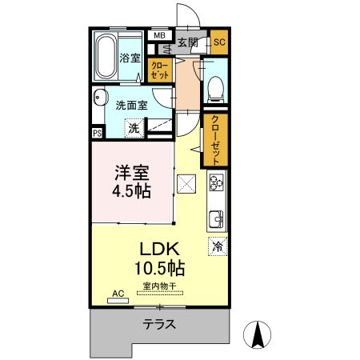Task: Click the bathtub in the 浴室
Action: pyautogui.click(x=106, y=57)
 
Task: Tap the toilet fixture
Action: pyautogui.click(x=216, y=89)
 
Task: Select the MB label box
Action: pyautogui.click(x=159, y=35)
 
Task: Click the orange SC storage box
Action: pyautogui.click(x=219, y=42)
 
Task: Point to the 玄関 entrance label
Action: pyautogui.click(x=188, y=42)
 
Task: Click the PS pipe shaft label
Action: pyautogui.click(x=98, y=133)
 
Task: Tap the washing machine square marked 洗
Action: pyautogui.click(x=134, y=128)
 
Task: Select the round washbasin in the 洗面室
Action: pyautogui.click(x=100, y=97)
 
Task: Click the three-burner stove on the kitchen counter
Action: pyautogui.click(x=216, y=182)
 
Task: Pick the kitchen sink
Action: pyautogui.click(x=216, y=219)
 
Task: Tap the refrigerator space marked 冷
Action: pyautogui.click(x=218, y=246)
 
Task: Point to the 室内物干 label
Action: pyautogui.click(x=160, y=286)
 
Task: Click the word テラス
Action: pyautogui.click(x=159, y=324)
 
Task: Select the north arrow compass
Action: pyautogui.click(x=258, y=335)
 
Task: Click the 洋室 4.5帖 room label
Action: pyautogui.click(x=132, y=182)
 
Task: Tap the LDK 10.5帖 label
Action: pyautogui.click(x=160, y=258)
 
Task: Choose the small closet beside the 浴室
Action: pyautogui.click(x=160, y=70)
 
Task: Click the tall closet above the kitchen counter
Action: pyautogui.click(x=216, y=140)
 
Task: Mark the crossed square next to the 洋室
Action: pyautogui.click(x=186, y=184)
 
